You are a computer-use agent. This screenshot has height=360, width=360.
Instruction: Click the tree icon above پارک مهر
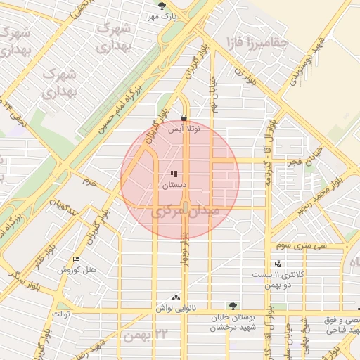162,5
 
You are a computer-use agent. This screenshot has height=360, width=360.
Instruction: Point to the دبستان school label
174,186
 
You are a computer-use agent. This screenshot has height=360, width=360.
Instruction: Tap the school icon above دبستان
174,174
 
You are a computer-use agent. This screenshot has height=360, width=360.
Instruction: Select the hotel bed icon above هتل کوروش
77,259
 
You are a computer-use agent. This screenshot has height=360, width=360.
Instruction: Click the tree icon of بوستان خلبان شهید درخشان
233,306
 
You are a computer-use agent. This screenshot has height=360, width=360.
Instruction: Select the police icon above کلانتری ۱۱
278,264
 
